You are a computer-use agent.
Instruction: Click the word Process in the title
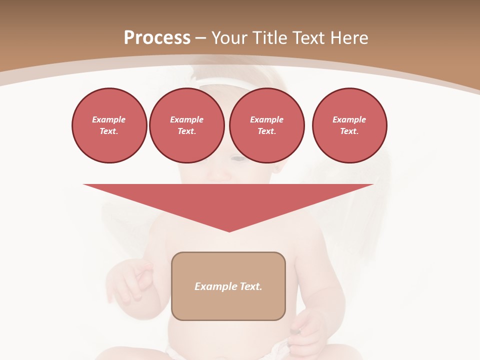157,37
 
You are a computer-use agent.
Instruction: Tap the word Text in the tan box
251,286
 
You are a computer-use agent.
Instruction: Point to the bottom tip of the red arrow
229,231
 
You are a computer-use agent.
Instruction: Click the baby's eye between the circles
238,158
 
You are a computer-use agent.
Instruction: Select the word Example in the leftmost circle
109,119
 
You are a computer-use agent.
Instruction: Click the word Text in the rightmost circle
349,131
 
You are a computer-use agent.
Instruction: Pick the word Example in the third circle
267,119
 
